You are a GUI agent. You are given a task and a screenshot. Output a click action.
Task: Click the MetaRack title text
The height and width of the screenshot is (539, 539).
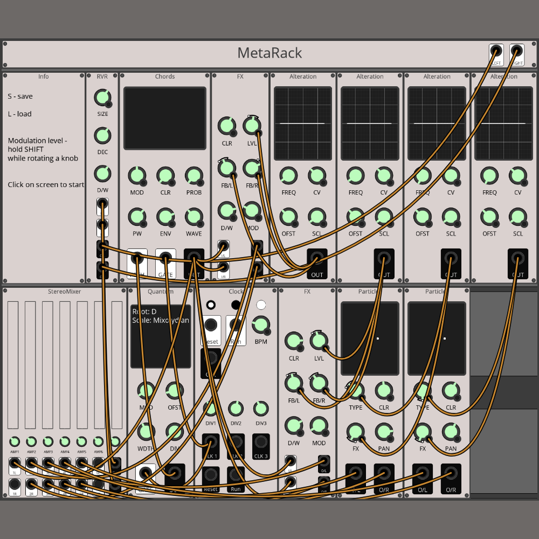(269, 53)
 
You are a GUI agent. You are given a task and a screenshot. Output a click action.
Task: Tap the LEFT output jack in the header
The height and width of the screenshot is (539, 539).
(496, 52)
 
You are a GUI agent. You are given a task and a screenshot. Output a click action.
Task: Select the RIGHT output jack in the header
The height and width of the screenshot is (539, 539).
(517, 52)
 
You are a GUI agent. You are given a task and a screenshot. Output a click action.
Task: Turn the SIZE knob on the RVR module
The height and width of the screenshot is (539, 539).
(102, 98)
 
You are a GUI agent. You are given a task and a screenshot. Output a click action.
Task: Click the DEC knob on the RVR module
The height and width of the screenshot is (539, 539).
(102, 135)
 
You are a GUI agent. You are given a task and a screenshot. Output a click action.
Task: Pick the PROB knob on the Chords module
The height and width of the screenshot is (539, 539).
(194, 176)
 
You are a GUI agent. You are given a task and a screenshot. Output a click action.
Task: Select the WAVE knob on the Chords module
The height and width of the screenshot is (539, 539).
(194, 217)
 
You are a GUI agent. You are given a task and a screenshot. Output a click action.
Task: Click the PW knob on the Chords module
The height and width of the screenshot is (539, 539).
(136, 217)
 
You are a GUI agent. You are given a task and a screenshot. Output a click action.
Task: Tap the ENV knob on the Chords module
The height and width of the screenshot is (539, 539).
(165, 217)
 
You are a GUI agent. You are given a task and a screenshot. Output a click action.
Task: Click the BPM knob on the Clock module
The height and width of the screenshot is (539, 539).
(261, 324)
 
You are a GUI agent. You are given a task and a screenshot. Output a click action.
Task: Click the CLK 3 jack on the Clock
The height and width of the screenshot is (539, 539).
(261, 443)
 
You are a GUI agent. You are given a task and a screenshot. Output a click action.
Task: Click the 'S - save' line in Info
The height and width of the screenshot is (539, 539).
(20, 96)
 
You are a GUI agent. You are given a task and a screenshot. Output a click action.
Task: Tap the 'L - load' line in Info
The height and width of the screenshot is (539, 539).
(19, 114)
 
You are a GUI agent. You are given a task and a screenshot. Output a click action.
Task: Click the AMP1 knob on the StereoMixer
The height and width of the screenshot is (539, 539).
(15, 441)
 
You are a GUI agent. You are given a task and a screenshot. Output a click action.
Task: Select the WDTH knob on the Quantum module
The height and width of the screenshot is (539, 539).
(146, 431)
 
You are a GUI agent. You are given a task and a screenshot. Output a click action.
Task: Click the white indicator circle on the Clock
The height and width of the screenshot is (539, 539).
(261, 305)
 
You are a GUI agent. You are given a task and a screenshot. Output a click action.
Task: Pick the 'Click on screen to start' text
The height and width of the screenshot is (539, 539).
(46, 184)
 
